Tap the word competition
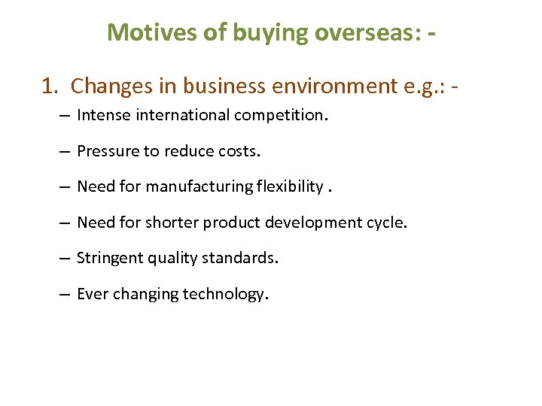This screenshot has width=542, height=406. (283, 116)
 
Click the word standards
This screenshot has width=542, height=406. (245, 258)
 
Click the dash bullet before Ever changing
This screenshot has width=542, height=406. (64, 294)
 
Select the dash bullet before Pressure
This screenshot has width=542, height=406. (64, 151)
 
